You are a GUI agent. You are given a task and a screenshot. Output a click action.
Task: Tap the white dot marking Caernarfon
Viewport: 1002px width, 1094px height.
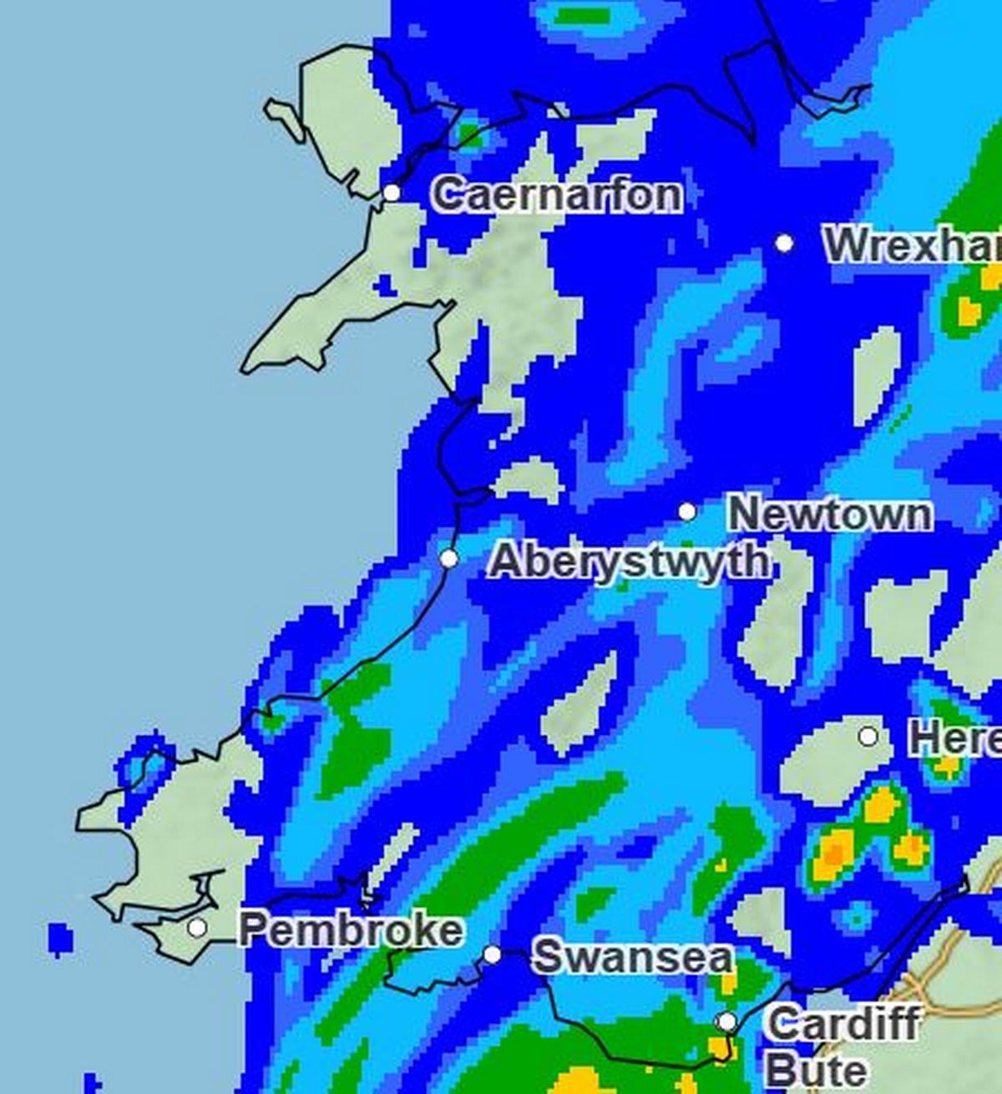point(392,193)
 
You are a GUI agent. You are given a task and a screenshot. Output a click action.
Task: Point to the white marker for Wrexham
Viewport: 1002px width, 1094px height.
point(783,243)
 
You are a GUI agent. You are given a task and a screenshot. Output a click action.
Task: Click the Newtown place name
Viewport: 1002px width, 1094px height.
point(829,514)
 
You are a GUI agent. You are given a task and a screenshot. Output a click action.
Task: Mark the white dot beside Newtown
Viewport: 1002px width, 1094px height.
point(687,511)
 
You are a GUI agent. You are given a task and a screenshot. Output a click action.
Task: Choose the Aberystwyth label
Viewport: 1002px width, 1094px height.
point(629,560)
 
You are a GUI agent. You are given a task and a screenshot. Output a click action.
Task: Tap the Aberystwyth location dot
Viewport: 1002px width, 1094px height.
point(449,558)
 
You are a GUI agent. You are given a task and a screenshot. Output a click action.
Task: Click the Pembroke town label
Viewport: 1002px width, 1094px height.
point(351,929)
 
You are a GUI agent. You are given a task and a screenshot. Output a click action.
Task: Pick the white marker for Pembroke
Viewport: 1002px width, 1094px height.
point(197,927)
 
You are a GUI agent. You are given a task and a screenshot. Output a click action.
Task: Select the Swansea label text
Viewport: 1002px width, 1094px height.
point(633,956)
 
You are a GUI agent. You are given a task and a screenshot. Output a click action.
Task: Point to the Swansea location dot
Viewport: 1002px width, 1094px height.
point(493,954)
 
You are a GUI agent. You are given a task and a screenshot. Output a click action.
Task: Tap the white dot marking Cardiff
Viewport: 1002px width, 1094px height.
point(727,1022)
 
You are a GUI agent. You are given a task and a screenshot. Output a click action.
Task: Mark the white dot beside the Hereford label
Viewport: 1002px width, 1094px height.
point(868,737)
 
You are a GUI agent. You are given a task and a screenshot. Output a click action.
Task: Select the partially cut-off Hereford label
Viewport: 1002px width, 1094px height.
point(955,739)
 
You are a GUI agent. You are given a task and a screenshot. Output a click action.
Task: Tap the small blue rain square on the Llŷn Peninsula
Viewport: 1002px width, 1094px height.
point(384,286)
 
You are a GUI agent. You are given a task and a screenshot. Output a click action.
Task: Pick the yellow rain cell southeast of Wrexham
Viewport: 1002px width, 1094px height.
point(969,311)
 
